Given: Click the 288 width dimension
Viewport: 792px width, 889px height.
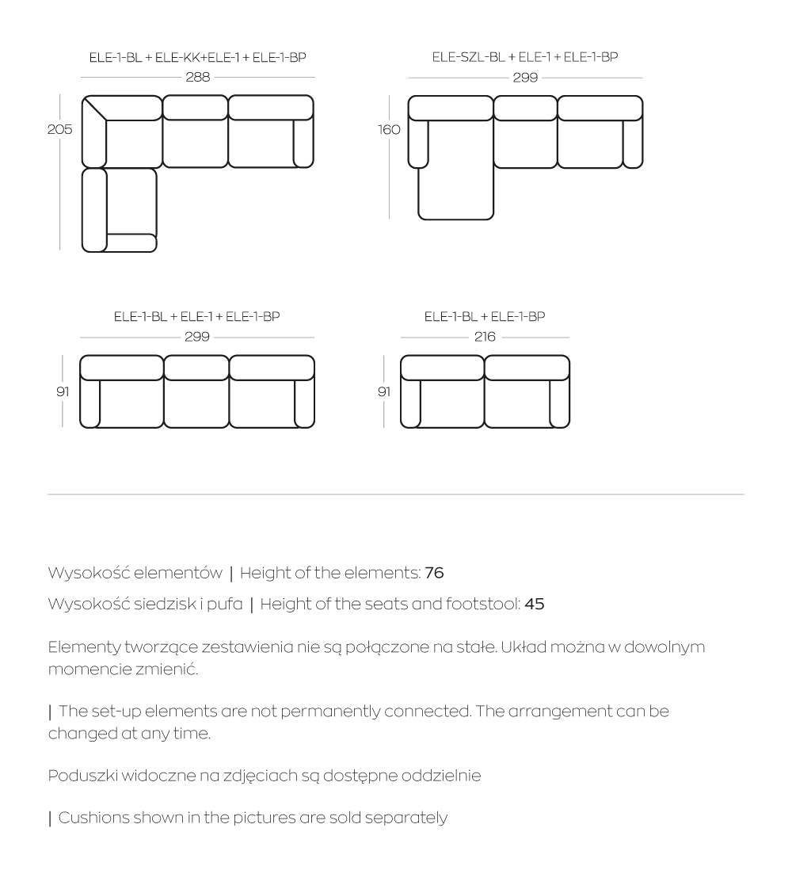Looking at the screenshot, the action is coord(198,77).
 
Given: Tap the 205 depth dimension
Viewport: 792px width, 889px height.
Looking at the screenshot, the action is coord(59,129).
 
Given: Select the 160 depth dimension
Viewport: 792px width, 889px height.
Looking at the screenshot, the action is coord(389,130).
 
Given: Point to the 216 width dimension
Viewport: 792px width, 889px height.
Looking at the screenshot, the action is coord(485,337).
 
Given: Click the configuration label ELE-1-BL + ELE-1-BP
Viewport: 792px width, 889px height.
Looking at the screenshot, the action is coord(485,316).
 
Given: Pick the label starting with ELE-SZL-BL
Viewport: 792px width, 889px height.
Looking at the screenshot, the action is coord(525,57).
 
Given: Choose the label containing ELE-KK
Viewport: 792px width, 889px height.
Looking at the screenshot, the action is coord(198,57).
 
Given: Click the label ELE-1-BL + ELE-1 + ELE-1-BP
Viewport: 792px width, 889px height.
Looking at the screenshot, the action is coord(197,316).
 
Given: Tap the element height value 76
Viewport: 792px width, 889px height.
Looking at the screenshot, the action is coord(435,573).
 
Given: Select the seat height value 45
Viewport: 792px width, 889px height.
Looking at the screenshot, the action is coord(535,604).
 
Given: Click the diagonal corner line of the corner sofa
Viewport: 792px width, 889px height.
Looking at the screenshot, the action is coord(94,109).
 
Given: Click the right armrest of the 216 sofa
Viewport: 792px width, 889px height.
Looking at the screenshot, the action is coord(560,403).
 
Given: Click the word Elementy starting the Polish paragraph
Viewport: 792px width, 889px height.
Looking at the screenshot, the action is coord(84,647).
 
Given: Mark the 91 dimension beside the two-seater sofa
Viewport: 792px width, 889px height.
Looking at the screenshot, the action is coord(384,391).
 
